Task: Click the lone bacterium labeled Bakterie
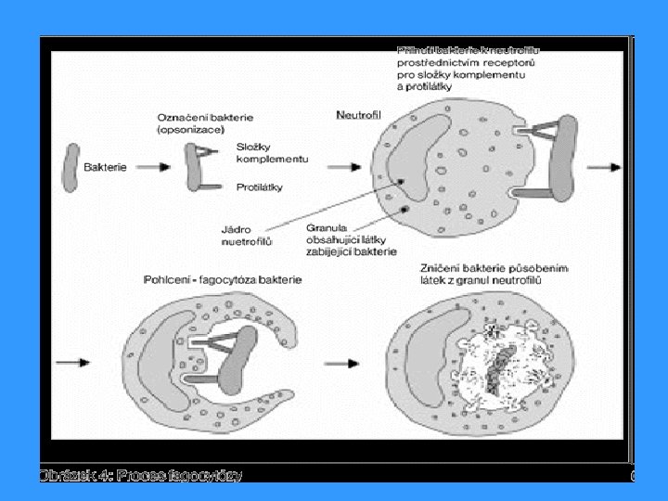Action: pos(70,167)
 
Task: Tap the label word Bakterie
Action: pos(106,168)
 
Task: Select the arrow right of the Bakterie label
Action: pos(157,168)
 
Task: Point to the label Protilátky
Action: pos(260,186)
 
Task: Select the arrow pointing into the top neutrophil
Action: pos(344,168)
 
